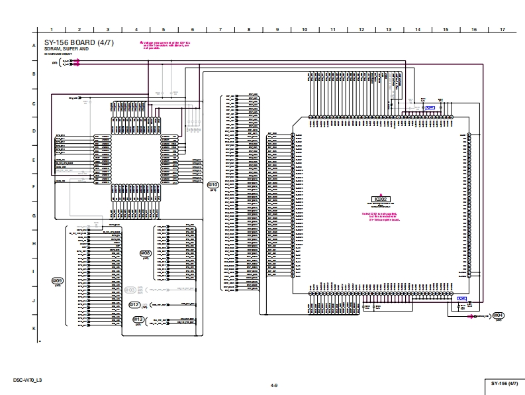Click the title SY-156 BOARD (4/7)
tap(79, 43)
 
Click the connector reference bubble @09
tap(57, 281)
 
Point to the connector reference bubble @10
tap(213, 185)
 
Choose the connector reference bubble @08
tap(146, 253)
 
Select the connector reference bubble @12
tap(134, 305)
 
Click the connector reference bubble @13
tap(138, 319)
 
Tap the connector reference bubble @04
tap(499, 315)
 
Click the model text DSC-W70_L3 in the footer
tap(27, 380)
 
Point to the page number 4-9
tap(273, 384)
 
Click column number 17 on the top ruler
tap(502, 30)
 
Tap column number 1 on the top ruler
tap(51, 30)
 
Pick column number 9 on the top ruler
tap(277, 30)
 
